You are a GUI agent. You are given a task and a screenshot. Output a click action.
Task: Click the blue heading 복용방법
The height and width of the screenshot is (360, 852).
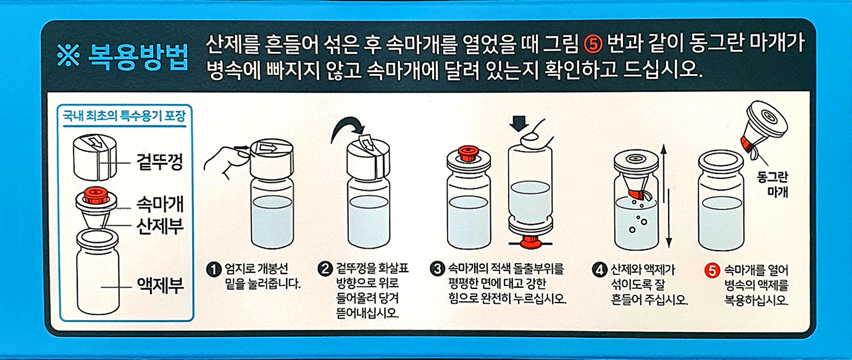(x=138, y=57)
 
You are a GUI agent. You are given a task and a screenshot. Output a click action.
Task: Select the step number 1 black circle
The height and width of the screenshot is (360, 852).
(x=214, y=269)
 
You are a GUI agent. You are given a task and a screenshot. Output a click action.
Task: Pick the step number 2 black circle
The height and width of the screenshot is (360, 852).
(x=325, y=269)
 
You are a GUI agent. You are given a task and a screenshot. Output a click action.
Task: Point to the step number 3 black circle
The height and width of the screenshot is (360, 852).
(x=437, y=269)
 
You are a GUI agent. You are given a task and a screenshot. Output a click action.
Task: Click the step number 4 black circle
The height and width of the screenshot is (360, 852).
(x=600, y=270)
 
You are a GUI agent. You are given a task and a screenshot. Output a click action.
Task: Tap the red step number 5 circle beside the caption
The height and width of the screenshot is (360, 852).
(x=712, y=270)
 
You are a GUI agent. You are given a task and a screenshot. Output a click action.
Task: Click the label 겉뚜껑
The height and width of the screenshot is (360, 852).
(x=160, y=162)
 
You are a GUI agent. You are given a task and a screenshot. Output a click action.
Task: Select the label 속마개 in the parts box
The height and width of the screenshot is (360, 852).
(x=160, y=204)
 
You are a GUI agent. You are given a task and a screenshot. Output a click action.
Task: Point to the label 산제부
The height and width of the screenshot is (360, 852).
(x=160, y=226)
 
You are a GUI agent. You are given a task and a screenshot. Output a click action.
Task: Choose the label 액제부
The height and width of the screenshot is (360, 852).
(x=160, y=285)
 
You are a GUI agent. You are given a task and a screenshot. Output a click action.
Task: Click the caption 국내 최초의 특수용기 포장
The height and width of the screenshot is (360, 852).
(x=124, y=115)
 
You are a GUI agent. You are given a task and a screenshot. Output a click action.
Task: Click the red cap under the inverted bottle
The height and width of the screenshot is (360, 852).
(x=530, y=241)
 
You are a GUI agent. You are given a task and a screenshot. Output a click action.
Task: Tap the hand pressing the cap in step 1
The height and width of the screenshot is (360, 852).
(x=227, y=160)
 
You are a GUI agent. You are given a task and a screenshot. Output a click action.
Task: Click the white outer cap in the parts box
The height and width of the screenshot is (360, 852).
(x=94, y=156)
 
